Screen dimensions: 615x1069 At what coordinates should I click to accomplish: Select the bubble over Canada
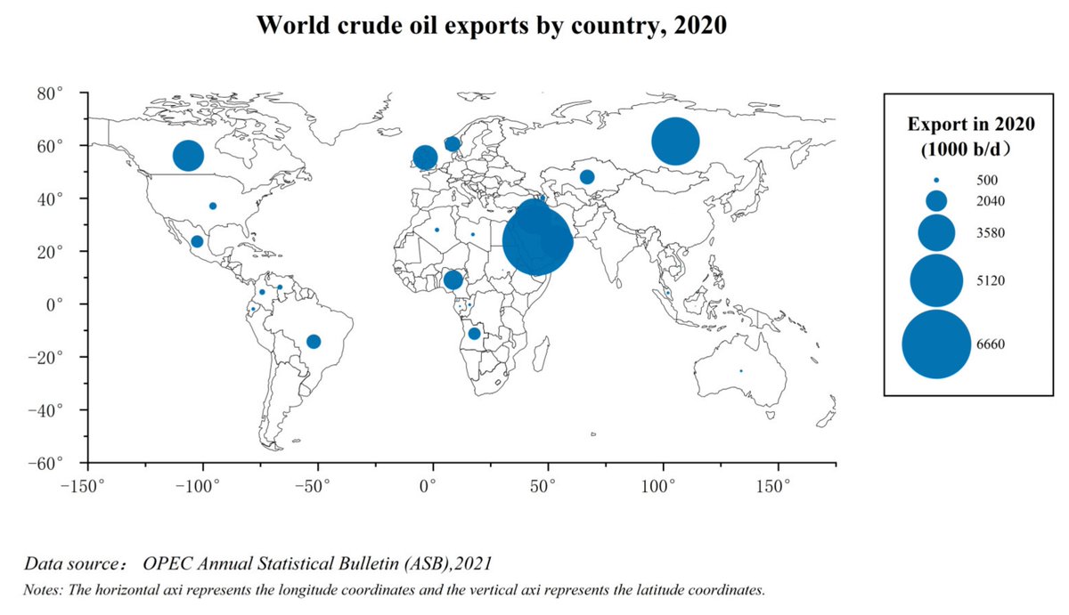coord(188,156)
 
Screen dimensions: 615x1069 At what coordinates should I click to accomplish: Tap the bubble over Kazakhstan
coord(587,177)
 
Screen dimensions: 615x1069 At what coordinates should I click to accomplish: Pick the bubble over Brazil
coord(314,342)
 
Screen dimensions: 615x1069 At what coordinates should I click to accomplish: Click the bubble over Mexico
coord(197,241)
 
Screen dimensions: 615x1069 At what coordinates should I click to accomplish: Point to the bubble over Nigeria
coord(453,280)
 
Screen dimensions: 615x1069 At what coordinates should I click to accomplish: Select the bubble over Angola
coord(474,334)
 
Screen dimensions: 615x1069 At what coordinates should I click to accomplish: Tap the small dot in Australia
coord(740,371)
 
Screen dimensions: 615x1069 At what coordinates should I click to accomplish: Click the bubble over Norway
coord(452,144)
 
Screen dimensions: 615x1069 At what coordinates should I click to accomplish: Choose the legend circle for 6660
coord(935,344)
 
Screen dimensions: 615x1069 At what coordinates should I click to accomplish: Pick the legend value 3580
coord(978,233)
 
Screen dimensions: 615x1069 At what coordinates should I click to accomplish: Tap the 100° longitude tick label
coord(662,486)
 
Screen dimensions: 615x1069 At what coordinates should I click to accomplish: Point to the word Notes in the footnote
coord(42,589)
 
